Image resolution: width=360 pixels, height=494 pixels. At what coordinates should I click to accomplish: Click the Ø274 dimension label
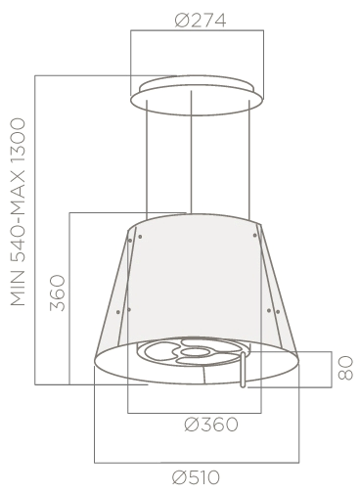click(201, 21)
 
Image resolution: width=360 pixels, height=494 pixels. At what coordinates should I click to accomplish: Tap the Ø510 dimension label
click(196, 478)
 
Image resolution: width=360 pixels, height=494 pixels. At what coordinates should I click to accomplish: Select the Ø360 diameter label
click(211, 425)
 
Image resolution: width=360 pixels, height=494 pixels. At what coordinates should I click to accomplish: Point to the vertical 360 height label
click(58, 292)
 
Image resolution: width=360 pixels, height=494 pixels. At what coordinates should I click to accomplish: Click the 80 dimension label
click(345, 368)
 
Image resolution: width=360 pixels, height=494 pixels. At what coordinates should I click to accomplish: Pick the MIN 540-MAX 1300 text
click(18, 212)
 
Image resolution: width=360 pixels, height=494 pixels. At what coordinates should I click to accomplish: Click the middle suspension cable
click(191, 153)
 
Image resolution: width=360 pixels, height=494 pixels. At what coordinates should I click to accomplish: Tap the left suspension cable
click(147, 159)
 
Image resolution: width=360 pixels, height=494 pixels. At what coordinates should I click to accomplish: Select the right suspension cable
click(249, 159)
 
